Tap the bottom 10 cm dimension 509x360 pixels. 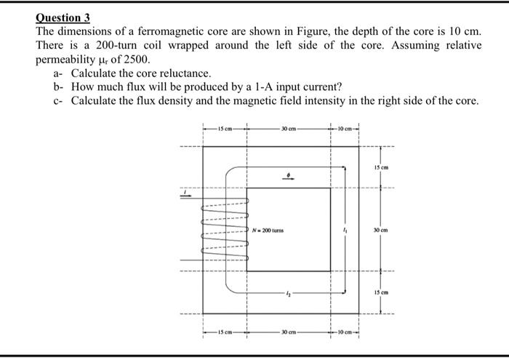pyautogui.click(x=345, y=334)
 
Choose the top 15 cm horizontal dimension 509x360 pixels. pyautogui.click(x=225, y=131)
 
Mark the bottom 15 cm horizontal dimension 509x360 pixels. pyautogui.click(x=225, y=334)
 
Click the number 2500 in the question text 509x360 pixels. pyautogui.click(x=137, y=59)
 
